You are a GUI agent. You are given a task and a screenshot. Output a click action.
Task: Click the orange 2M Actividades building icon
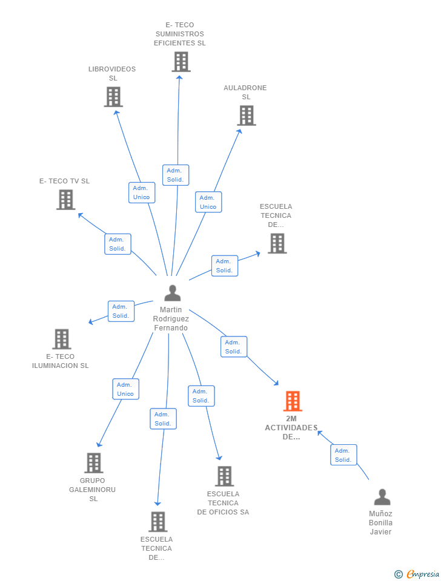click(292, 401)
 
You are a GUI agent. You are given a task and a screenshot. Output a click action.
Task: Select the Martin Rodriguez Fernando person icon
click(172, 294)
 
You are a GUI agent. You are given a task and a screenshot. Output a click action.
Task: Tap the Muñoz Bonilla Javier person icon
click(382, 497)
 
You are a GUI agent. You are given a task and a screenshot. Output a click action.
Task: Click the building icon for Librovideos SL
click(113, 97)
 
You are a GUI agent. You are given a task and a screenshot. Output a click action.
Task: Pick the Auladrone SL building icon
click(246, 116)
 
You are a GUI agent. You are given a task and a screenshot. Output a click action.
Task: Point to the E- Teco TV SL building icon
click(66, 200)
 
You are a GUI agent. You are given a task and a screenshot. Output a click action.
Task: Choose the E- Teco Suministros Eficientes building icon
click(181, 62)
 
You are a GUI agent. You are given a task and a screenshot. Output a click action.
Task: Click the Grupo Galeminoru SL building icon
click(93, 463)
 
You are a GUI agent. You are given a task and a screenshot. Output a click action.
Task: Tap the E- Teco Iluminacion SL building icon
click(61, 339)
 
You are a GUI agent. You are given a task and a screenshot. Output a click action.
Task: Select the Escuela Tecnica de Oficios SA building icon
click(224, 476)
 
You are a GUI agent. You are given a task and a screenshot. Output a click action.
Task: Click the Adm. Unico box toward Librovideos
click(141, 192)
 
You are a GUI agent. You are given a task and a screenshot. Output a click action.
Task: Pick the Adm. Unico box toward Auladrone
click(208, 202)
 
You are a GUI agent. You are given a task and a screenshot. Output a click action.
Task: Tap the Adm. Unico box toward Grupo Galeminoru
click(125, 389)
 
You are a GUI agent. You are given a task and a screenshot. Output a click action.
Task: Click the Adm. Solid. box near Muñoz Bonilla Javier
click(343, 455)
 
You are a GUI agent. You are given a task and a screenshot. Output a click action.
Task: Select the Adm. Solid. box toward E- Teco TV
click(117, 244)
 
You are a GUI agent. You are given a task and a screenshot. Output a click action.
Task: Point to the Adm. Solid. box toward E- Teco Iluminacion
click(121, 311)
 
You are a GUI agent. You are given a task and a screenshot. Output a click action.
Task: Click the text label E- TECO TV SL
click(64, 181)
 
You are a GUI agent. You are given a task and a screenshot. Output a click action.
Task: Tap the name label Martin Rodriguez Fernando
click(171, 319)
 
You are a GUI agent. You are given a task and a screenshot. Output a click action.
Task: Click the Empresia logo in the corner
click(417, 574)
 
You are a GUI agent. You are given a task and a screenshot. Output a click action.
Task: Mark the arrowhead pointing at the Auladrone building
click(239, 131)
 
